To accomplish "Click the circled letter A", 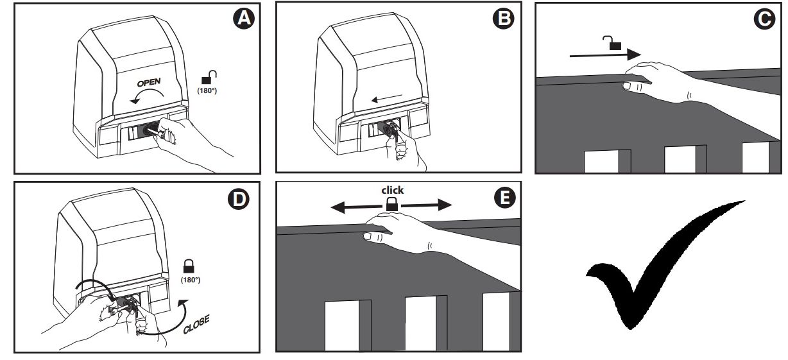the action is tap(244, 19).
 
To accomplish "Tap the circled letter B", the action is tap(503, 19).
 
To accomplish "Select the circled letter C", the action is tap(764, 19).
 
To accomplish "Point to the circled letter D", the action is tap(239, 199).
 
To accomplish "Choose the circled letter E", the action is tap(505, 198).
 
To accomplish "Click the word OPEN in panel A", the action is tap(149, 83).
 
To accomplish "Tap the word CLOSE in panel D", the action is tap(196, 325).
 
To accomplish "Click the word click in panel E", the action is tap(392, 191).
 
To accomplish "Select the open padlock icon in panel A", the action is tap(209, 77).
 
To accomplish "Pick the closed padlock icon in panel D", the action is tap(189, 266).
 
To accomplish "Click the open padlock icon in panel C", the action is tap(612, 43).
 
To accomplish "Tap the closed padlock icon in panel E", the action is tap(392, 204).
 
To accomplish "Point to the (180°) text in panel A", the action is tap(207, 90).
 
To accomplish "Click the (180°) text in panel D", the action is tap(191, 280).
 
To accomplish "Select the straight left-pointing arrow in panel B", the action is tap(386, 98).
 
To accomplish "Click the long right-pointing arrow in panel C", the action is tap(605, 55).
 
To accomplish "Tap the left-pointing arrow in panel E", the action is tap(356, 207).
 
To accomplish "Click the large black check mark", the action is tap(665, 265).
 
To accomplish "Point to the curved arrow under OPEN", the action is tap(148, 90).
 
